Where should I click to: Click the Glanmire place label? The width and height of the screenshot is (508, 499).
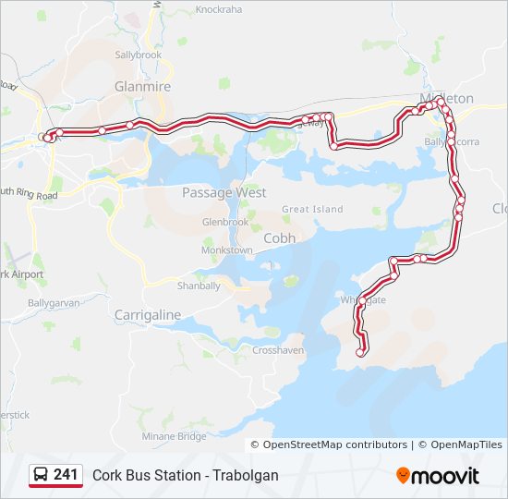[x=138, y=86]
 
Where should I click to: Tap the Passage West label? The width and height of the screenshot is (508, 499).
[x=224, y=192]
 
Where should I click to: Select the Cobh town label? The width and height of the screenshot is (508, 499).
[x=280, y=237]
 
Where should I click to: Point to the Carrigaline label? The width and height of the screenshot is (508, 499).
[x=148, y=315]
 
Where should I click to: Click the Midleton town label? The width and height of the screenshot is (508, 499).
[x=446, y=98]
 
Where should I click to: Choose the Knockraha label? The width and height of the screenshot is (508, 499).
[x=218, y=10]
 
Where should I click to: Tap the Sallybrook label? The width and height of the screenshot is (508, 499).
[x=139, y=55]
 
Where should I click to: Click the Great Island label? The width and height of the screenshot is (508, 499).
[x=312, y=210]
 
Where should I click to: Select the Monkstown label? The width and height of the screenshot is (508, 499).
[x=227, y=250]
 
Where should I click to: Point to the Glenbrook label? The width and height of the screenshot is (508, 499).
[x=225, y=223]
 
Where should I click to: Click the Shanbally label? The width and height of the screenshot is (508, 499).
[x=199, y=286]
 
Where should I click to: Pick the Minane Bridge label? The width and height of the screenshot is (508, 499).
[x=174, y=436]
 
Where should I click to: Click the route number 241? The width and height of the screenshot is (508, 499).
[x=66, y=474]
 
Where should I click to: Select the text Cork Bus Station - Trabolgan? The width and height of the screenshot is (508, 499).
[x=185, y=475]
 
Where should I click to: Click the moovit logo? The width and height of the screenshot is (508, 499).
[x=438, y=476]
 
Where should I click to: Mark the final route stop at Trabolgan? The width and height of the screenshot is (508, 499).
[x=360, y=352]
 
